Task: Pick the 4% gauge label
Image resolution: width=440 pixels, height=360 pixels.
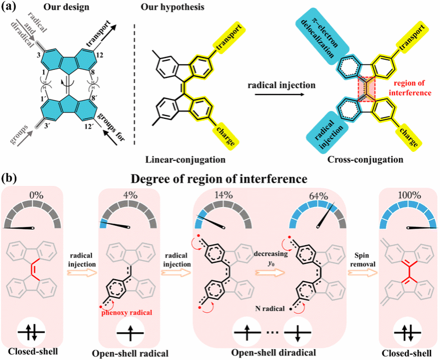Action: (129, 197)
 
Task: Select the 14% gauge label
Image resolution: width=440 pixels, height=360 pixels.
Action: (223, 197)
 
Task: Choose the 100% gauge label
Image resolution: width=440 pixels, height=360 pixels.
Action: (405, 197)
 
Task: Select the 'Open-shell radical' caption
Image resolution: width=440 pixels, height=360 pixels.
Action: (129, 351)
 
